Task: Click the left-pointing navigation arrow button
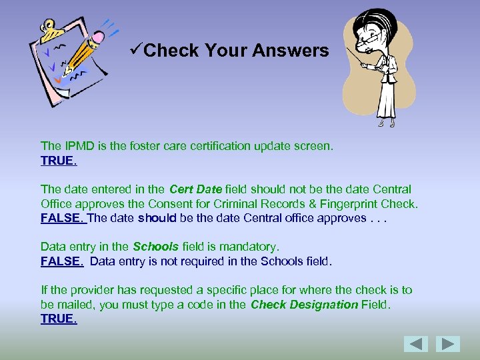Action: [416, 344]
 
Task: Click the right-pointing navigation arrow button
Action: [448, 344]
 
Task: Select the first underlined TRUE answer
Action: [58, 161]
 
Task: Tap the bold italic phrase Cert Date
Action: [196, 189]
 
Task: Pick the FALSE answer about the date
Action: [61, 218]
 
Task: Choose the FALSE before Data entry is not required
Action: [61, 261]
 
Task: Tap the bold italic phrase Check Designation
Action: [304, 305]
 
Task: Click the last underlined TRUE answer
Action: [58, 319]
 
